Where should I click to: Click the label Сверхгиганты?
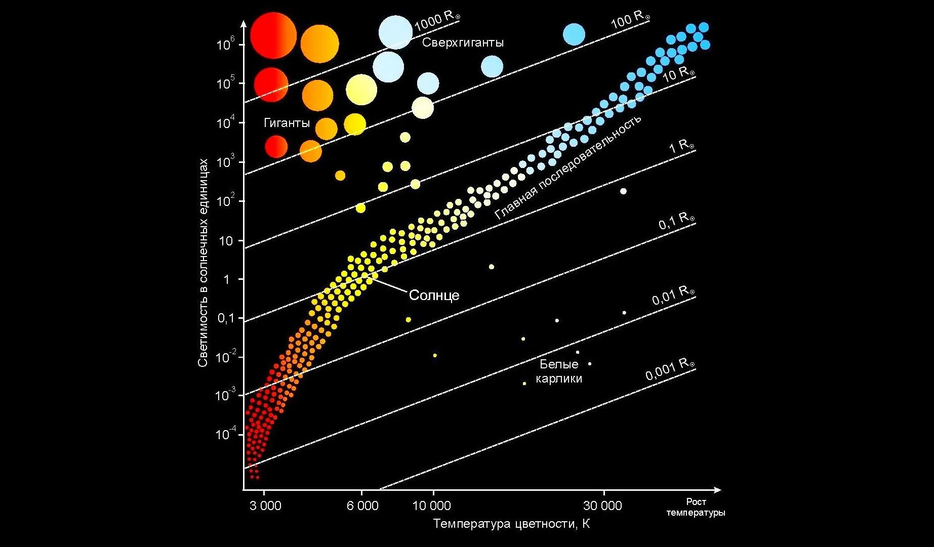coord(463,43)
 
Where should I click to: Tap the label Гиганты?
coord(287,123)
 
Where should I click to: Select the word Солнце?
coord(434,295)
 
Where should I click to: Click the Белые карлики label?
coord(559,371)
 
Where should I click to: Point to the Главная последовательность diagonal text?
coord(568,167)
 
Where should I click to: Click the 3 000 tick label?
coord(265,506)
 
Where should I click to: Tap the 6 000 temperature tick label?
coord(362,506)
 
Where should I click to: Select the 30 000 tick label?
coord(602,506)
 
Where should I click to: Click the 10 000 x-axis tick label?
coord(431,506)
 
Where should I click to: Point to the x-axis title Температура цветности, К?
coord(511,524)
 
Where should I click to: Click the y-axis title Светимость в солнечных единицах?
coord(203,262)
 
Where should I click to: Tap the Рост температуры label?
coord(696,507)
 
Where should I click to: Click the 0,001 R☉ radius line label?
coord(669,369)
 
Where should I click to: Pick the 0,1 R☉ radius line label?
coord(676,221)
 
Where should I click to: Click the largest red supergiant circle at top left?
coord(273,35)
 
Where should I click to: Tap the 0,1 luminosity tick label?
coord(226,318)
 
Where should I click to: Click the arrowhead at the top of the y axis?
coord(243,23)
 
